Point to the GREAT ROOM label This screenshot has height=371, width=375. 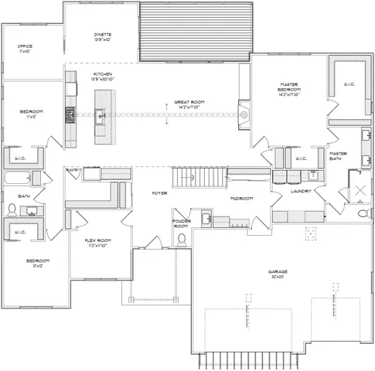(x=188, y=100)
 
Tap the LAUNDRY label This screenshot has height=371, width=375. (x=301, y=191)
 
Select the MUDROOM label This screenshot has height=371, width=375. (x=242, y=199)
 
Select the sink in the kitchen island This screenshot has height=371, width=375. (x=101, y=117)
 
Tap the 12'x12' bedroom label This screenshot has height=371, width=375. (x=36, y=264)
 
